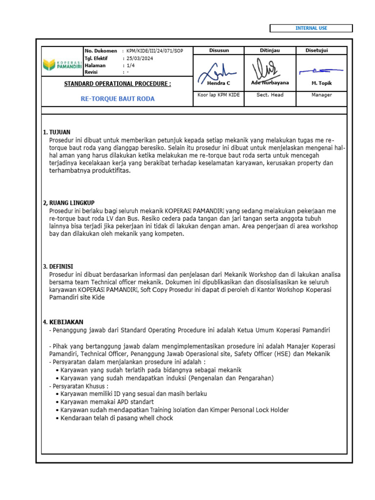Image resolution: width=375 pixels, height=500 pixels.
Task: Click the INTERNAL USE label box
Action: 311,28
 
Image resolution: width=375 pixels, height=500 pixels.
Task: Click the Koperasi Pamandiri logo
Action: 62,64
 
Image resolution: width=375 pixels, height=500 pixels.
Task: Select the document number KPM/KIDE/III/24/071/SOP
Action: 154,51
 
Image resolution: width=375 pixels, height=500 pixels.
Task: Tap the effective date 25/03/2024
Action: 141,58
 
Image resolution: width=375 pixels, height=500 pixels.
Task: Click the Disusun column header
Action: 219,50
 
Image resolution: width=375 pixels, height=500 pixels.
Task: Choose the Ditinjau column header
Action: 270,50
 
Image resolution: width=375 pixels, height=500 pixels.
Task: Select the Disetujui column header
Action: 316,50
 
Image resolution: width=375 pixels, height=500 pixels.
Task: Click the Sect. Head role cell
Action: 270,95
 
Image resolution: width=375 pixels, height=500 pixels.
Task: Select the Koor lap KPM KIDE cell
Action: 218,95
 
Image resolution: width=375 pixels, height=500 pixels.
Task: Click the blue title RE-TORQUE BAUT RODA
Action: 117,99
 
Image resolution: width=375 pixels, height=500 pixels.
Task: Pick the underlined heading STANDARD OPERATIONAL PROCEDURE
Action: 117,84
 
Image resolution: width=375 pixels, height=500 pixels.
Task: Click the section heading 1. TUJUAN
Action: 57,132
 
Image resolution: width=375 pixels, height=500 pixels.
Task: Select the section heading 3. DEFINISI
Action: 58,266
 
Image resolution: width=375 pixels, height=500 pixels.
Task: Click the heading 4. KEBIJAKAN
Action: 63,322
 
